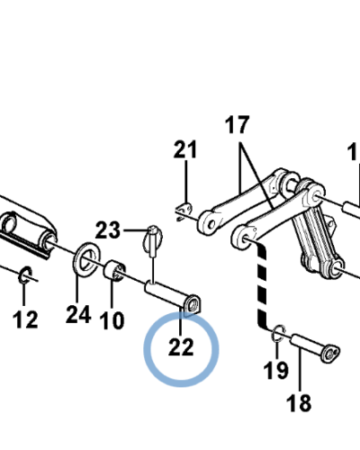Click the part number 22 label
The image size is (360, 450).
[x=181, y=347]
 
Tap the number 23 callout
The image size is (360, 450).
[x=108, y=230]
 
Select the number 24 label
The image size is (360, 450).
[x=78, y=314]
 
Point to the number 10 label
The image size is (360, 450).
[x=112, y=320]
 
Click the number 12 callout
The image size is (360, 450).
[x=25, y=319]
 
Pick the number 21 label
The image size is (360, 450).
[x=185, y=149]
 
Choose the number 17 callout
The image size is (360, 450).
[x=237, y=124]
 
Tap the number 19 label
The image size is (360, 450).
[x=276, y=370]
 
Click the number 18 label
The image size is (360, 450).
[x=299, y=402]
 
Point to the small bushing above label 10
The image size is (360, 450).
[x=114, y=271]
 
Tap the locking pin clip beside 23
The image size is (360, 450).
[x=153, y=241]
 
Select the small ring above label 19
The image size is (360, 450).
[x=279, y=333]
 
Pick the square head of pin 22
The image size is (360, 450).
[x=193, y=305]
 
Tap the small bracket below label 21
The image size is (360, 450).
[x=184, y=210]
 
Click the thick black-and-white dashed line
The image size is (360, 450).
[x=262, y=286]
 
